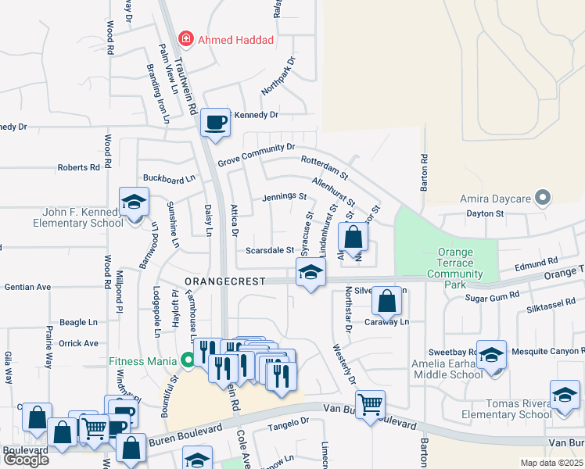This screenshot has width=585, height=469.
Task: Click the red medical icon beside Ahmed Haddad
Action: point(186,38)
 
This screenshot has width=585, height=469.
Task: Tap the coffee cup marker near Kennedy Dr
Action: point(215,122)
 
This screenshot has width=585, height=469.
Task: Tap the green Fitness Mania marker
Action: point(186,361)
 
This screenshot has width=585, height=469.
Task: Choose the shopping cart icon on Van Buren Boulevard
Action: point(370,404)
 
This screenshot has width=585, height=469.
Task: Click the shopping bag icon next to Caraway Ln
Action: point(386,300)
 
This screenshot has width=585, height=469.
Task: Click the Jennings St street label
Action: point(284,197)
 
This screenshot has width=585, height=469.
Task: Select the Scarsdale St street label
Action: point(269,251)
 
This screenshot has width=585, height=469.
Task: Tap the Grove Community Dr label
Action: point(256,153)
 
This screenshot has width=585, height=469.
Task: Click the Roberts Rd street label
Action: point(78,167)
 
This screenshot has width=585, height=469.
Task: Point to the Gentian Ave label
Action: point(27,287)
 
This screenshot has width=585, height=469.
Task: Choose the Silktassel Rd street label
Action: point(551,301)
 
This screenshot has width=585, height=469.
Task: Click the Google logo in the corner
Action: point(26,460)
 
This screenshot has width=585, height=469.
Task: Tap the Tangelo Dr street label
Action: point(289,422)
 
